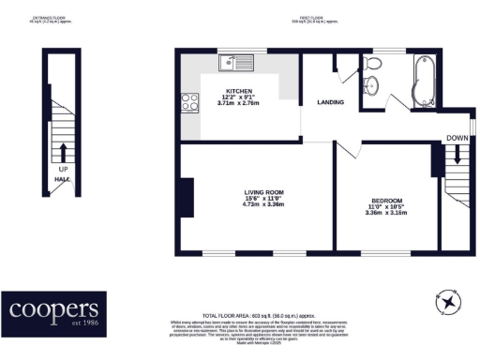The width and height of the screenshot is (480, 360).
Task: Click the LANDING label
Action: pos(329,102)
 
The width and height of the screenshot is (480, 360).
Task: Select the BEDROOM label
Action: pos(386,201)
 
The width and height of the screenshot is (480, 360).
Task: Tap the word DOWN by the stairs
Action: pos(457,139)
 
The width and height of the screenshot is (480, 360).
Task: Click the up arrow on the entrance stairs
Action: pos(63,152)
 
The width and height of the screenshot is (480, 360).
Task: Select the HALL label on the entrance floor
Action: pos(62,178)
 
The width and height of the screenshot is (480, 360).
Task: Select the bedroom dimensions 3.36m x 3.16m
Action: pos(386,213)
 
